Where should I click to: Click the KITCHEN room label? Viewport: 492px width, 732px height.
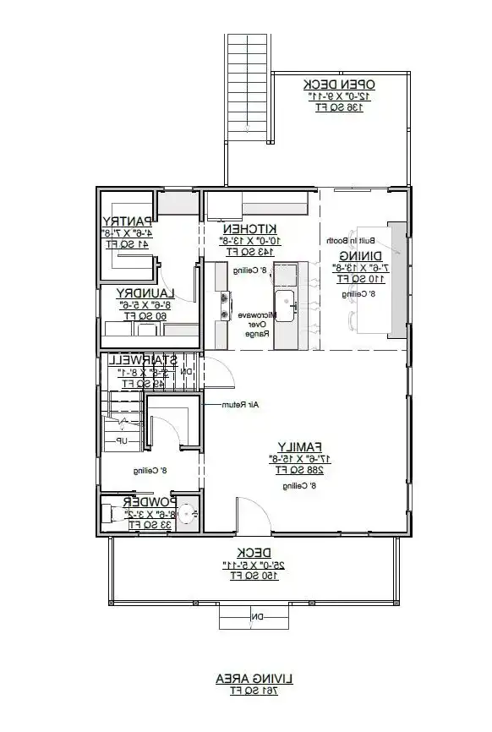(x=250, y=229)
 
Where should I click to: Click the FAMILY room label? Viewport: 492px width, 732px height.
(x=299, y=446)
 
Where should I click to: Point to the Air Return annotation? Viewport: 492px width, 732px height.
(x=239, y=405)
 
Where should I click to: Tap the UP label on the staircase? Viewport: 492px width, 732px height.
(x=122, y=441)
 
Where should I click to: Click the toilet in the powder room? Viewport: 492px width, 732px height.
(x=112, y=513)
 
